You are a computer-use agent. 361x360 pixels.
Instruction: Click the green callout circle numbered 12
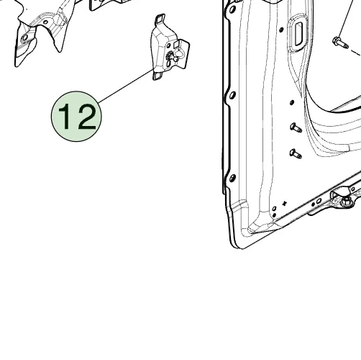pos(76,117)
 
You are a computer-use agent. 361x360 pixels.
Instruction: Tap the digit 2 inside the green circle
pos(86,117)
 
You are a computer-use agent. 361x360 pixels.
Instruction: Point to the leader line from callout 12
pos(126,86)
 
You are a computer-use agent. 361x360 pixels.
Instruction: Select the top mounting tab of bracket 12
pos(160,19)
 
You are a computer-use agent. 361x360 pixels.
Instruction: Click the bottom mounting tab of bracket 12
pos(157,76)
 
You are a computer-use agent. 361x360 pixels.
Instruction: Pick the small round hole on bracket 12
pos(168,45)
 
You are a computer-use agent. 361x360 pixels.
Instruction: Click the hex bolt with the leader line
pos(340,42)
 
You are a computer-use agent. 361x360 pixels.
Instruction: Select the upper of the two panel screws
pos(296,127)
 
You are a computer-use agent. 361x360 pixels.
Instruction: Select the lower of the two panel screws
pos(296,153)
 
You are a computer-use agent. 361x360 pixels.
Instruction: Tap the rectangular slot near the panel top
pos(298,34)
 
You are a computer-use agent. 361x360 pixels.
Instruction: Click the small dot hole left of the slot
pos(281,30)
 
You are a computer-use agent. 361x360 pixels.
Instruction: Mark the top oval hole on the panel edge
pos(232,10)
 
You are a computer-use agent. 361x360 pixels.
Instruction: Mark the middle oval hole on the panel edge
pos(232,95)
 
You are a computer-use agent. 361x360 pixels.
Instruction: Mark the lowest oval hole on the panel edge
pos(232,178)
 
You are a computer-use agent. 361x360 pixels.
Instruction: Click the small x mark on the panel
pos(285,204)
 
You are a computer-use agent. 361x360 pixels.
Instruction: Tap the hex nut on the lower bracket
pos(347,201)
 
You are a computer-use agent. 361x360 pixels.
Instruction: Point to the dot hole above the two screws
pos(292,102)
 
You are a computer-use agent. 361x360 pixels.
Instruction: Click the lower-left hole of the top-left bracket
pos(25,37)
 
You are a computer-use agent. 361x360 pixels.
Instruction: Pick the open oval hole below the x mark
pos(275,209)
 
